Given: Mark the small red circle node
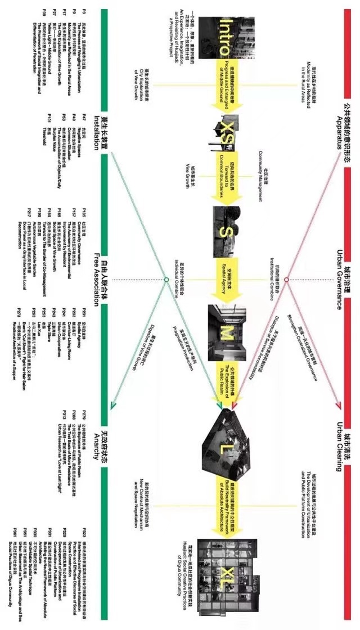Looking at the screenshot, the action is [286, 280].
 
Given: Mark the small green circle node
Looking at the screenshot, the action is [166, 280].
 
